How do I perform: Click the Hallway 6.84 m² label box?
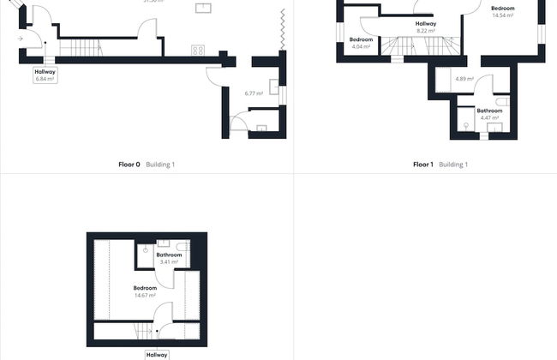[45, 75]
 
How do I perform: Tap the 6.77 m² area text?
[253, 93]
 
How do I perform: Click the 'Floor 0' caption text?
[129, 164]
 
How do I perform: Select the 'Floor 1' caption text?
[423, 164]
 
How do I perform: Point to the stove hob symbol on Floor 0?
[198, 50]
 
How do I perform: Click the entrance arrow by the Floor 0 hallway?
[21, 39]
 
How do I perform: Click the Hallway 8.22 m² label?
[425, 27]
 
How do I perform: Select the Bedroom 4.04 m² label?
[361, 43]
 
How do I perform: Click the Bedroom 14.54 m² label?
[502, 11]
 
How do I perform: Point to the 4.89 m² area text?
[464, 79]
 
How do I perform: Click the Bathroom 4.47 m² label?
[489, 113]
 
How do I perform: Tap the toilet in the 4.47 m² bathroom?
[502, 101]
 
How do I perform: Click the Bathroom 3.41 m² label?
[169, 257]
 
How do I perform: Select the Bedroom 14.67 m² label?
[145, 291]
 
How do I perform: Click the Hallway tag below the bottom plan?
[157, 354]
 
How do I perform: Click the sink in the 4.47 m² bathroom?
[494, 129]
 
